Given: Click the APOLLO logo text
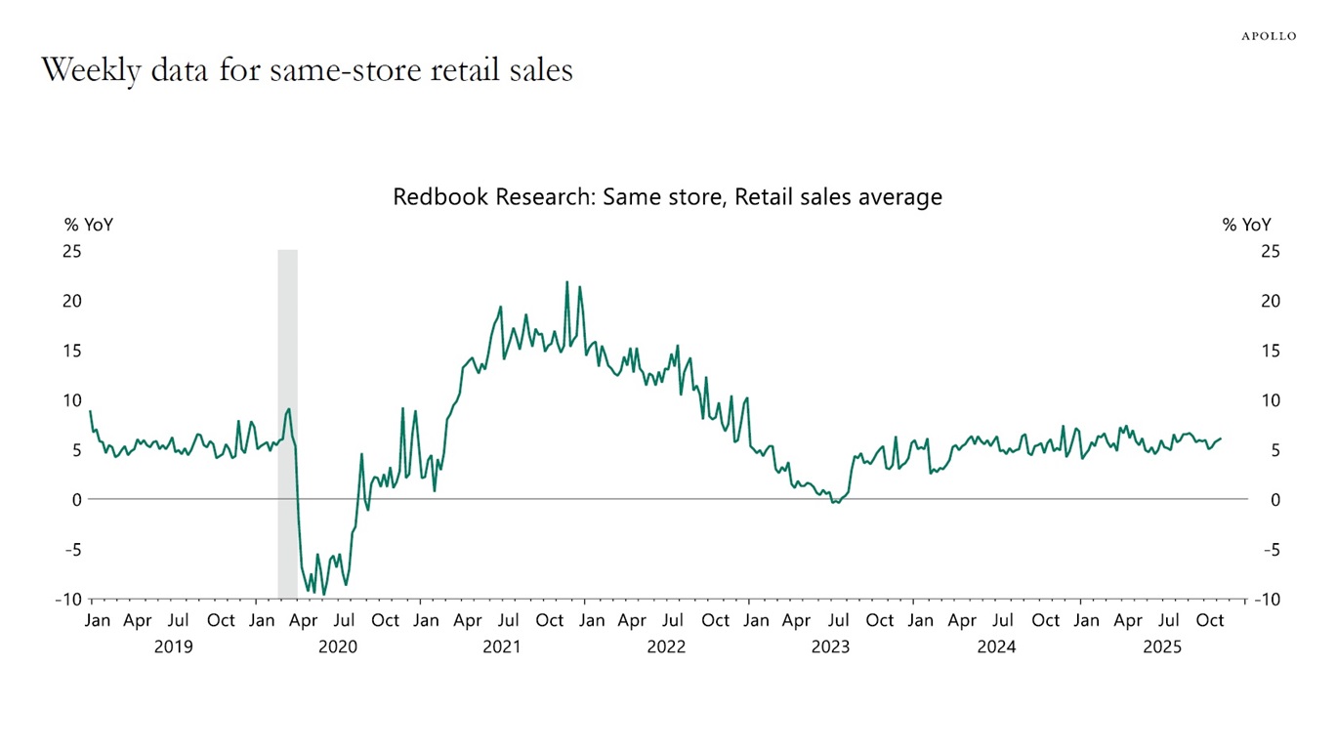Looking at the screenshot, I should pos(1269,36).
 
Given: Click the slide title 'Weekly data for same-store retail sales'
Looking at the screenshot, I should pos(307,70).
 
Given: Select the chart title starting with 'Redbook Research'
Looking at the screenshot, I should pos(667,196).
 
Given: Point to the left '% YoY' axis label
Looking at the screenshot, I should pos(89,225).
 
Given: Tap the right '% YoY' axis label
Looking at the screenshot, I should pos(1247,225).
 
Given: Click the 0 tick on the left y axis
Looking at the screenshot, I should pos(77,499).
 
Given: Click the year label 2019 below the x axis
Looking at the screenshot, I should pos(174,646).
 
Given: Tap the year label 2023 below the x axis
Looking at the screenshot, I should pos(830,646).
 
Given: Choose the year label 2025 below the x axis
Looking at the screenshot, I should pos(1162,646).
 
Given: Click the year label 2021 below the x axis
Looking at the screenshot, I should pos(502,646).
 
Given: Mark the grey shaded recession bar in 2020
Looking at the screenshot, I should pos(287,424).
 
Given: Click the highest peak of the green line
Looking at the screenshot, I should pos(566,282).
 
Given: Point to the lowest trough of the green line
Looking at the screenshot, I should pos(323,594).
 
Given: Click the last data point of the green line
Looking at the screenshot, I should pos(1221,438).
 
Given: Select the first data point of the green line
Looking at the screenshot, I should pos(91,411).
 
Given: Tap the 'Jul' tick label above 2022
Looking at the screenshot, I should pos(673,620).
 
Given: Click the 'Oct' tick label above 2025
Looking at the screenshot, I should pos(1210,620).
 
